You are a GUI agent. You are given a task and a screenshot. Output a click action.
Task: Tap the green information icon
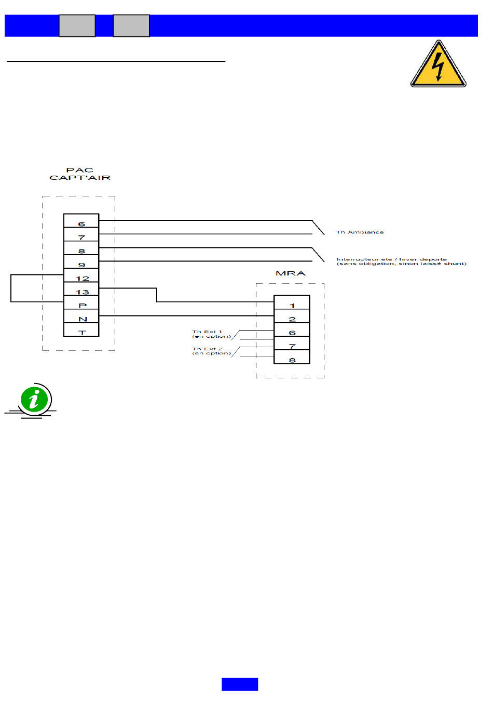tap(34, 400)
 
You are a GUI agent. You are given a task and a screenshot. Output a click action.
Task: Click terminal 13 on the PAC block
tap(81, 289)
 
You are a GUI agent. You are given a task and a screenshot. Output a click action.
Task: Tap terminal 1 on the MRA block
tap(292, 303)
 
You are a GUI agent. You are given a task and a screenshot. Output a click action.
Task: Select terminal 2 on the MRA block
tap(292, 317)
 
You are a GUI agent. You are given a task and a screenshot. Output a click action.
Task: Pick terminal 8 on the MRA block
tap(292, 358)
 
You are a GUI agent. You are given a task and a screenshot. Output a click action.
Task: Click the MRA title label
tap(291, 273)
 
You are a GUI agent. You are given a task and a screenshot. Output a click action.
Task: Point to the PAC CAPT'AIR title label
tap(80, 174)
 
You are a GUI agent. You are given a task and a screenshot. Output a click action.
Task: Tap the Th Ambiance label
tap(360, 232)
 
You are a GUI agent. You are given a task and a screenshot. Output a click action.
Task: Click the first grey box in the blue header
tap(77, 25)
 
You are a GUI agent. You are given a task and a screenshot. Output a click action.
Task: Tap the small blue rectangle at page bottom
tap(240, 684)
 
